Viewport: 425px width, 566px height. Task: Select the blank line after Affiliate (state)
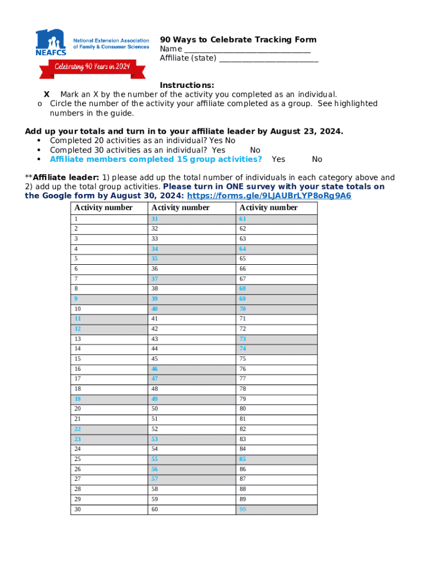coord(268,59)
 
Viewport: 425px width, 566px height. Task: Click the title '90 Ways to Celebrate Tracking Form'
coord(238,39)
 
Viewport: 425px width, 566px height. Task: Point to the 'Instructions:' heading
coord(187,85)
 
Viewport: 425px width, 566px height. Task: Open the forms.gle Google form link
coord(269,196)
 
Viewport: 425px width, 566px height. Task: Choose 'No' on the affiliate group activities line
coord(317,159)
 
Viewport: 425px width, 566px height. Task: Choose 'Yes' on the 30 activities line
coord(219,150)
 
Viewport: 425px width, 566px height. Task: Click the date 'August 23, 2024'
coord(305,131)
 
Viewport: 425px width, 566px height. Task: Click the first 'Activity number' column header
coord(103,208)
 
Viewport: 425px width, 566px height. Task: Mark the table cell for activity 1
coord(109,219)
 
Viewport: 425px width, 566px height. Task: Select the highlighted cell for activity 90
coord(276,509)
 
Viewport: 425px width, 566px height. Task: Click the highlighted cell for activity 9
coord(109,299)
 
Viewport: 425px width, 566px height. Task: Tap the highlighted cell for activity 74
coord(276,349)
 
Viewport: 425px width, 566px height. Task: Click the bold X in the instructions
coord(47,95)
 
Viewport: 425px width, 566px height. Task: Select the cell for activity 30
coord(109,509)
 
